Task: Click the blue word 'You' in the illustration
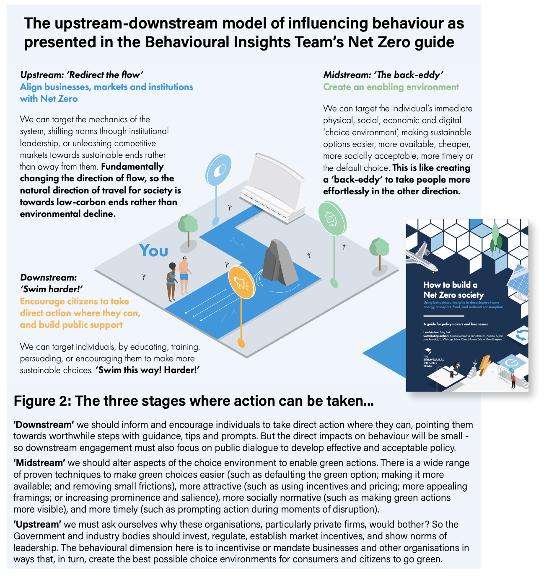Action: point(154,250)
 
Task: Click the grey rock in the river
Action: point(280,262)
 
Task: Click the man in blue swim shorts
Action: point(184,275)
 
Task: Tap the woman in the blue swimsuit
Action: point(171,281)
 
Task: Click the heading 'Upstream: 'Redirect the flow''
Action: point(82,75)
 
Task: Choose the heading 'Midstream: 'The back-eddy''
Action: point(383,75)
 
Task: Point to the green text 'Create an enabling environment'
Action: point(391,87)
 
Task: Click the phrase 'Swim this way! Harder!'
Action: point(147,370)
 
